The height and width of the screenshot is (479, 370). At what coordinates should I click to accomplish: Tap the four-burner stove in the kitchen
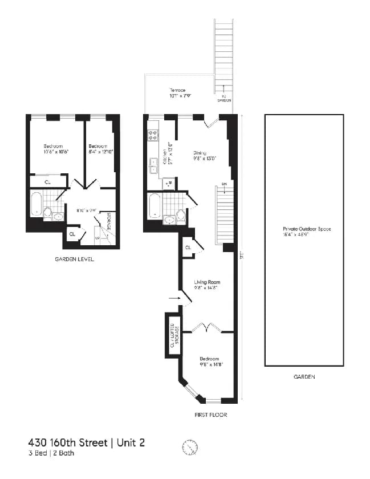click(x=153, y=136)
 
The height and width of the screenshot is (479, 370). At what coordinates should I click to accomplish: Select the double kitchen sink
click(x=153, y=166)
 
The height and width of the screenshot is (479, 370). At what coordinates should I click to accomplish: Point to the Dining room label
click(x=204, y=156)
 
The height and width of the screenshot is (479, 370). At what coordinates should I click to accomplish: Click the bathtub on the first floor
click(x=154, y=206)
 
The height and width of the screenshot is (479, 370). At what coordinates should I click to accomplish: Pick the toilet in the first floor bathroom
click(x=181, y=216)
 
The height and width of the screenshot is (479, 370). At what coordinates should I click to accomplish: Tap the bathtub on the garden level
click(x=35, y=204)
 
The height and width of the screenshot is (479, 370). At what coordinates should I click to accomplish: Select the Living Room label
click(x=206, y=285)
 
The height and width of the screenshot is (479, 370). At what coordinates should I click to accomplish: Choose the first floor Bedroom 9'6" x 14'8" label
click(x=209, y=362)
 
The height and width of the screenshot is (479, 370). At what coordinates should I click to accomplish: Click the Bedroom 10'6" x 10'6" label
click(x=55, y=149)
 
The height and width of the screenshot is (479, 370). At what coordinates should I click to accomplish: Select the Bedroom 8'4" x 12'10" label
click(x=100, y=149)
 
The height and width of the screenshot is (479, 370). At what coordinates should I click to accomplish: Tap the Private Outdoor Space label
click(x=303, y=232)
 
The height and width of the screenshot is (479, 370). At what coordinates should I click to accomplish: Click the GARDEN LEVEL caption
click(x=71, y=259)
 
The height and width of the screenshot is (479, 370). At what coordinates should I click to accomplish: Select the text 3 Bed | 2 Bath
click(x=51, y=454)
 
